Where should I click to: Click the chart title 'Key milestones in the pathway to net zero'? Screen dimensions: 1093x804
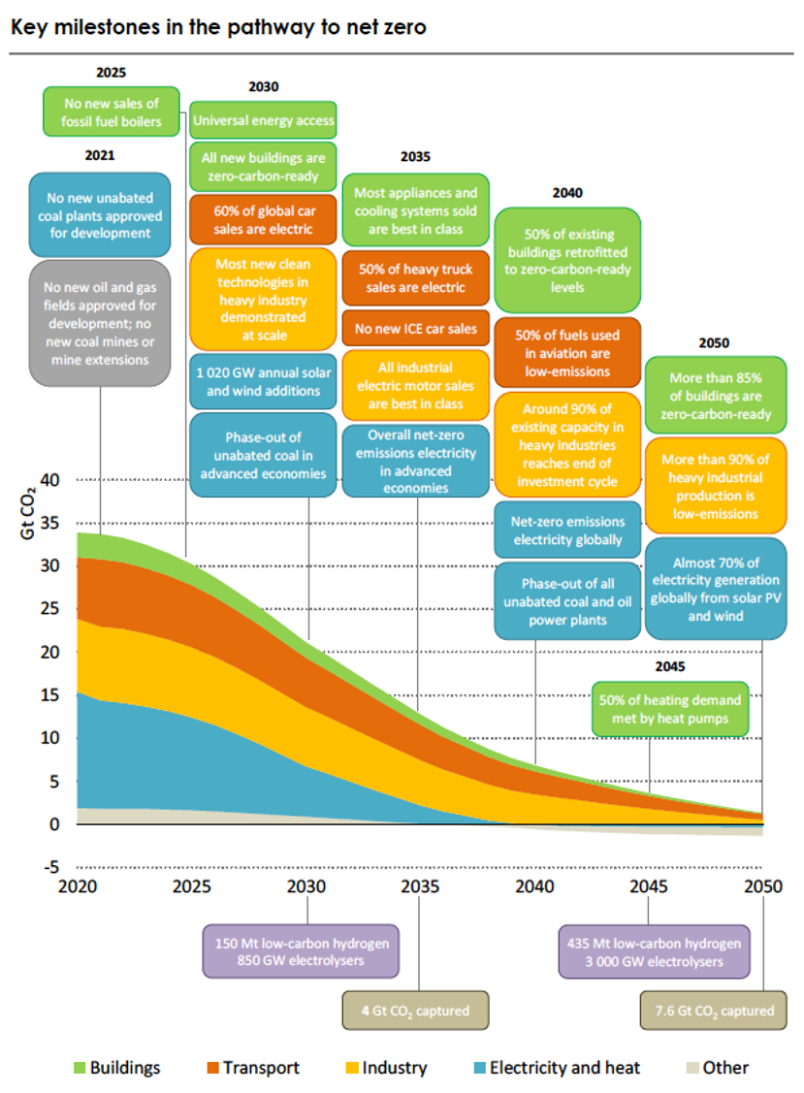[218, 26]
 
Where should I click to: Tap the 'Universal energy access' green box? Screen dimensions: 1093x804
[263, 121]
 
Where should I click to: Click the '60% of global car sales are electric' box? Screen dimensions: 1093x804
[263, 220]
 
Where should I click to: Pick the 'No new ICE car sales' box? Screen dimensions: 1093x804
[415, 329]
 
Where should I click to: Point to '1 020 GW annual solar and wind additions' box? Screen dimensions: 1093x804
[263, 381]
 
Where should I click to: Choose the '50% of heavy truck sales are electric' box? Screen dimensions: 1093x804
[415, 277]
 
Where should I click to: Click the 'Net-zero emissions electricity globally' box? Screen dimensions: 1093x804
[567, 530]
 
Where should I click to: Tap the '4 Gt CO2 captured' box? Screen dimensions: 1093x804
[415, 1010]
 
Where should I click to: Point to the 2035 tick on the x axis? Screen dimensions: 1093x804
[420, 886]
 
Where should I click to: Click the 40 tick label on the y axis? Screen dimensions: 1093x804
[51, 479]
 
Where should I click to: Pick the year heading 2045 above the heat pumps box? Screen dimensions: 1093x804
[669, 667]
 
